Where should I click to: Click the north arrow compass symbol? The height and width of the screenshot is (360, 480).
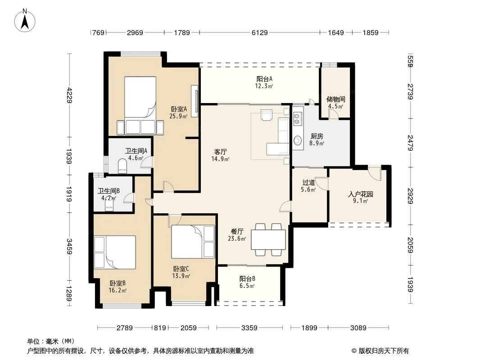point(25,20)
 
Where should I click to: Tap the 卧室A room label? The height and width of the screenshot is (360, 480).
point(179,109)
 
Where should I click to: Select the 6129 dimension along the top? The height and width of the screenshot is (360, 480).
point(260,32)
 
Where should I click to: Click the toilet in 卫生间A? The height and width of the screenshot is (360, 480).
point(122,166)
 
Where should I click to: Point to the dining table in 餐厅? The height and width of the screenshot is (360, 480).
point(268,239)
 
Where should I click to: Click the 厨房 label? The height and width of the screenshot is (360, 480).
point(317,136)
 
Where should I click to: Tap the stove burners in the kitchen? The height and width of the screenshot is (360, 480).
point(296,119)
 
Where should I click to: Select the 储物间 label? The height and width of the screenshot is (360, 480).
point(336,99)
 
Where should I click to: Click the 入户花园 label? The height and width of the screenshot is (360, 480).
point(361,194)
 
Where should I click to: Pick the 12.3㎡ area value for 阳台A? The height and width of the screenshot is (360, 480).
point(264,86)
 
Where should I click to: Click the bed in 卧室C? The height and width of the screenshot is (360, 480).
point(193,242)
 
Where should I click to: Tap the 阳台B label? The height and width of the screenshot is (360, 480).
point(247,279)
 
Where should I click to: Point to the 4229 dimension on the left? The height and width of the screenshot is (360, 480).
point(70,95)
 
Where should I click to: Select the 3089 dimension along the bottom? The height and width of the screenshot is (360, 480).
point(358,328)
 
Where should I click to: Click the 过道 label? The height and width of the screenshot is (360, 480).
point(308,183)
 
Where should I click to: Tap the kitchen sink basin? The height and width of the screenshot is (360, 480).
point(297,140)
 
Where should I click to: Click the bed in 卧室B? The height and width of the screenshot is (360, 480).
point(115,252)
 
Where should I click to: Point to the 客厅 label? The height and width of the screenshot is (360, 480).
point(220,152)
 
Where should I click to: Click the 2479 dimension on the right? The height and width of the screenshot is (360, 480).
point(411,143)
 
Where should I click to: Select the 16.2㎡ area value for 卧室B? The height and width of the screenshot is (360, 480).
point(118,290)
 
